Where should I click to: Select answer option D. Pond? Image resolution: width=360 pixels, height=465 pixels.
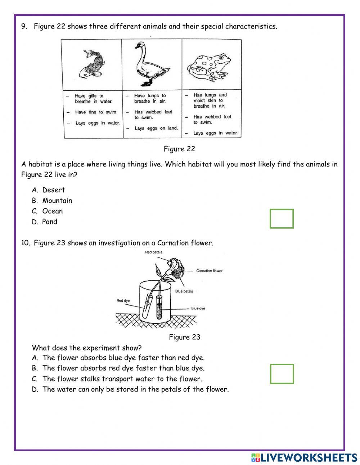[x=45, y=222]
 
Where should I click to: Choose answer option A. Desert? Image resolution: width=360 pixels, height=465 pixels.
[x=49, y=190]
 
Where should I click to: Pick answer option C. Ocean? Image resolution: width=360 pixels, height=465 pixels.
[x=47, y=211]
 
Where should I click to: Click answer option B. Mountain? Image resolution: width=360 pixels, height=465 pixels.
[x=52, y=201]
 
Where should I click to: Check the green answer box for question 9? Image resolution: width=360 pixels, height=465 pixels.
[x=282, y=219]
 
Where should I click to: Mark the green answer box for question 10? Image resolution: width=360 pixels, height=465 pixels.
[x=282, y=374]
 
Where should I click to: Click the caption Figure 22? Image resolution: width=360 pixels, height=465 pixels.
[x=179, y=149]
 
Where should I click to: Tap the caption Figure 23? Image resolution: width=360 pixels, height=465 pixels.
[x=184, y=337]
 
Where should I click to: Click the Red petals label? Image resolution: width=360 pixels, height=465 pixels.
[x=154, y=252]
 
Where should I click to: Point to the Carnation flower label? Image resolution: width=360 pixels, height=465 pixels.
[x=209, y=271]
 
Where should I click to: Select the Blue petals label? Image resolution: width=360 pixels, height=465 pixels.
[x=184, y=291]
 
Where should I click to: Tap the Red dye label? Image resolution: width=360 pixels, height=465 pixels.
[x=123, y=300]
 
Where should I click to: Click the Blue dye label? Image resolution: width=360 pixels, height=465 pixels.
[x=198, y=308]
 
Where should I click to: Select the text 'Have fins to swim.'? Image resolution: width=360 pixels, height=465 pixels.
[x=96, y=112]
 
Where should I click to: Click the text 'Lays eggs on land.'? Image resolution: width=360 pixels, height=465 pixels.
[x=156, y=128]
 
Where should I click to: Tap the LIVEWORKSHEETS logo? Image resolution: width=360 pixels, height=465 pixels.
[x=304, y=457]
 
